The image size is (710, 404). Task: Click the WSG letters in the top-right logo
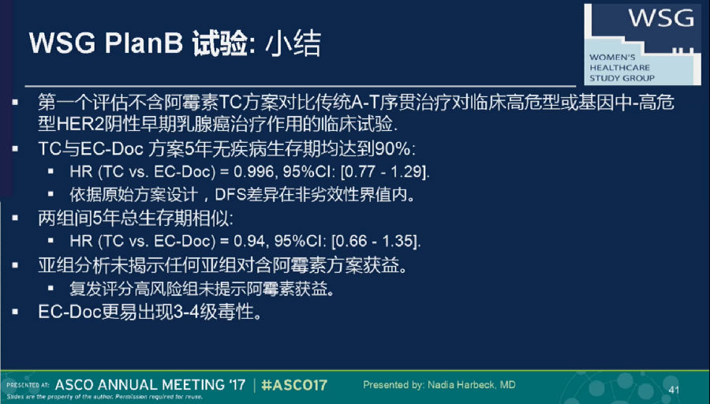661,17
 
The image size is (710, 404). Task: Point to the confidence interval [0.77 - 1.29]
384,172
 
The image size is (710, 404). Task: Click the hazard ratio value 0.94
249,241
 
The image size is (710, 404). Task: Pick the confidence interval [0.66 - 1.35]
376,241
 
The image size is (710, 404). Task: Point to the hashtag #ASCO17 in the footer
294,385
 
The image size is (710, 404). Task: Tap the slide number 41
674,390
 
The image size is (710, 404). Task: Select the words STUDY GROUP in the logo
622,78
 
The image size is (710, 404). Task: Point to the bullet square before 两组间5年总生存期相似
16,219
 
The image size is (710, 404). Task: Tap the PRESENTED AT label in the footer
28,385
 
